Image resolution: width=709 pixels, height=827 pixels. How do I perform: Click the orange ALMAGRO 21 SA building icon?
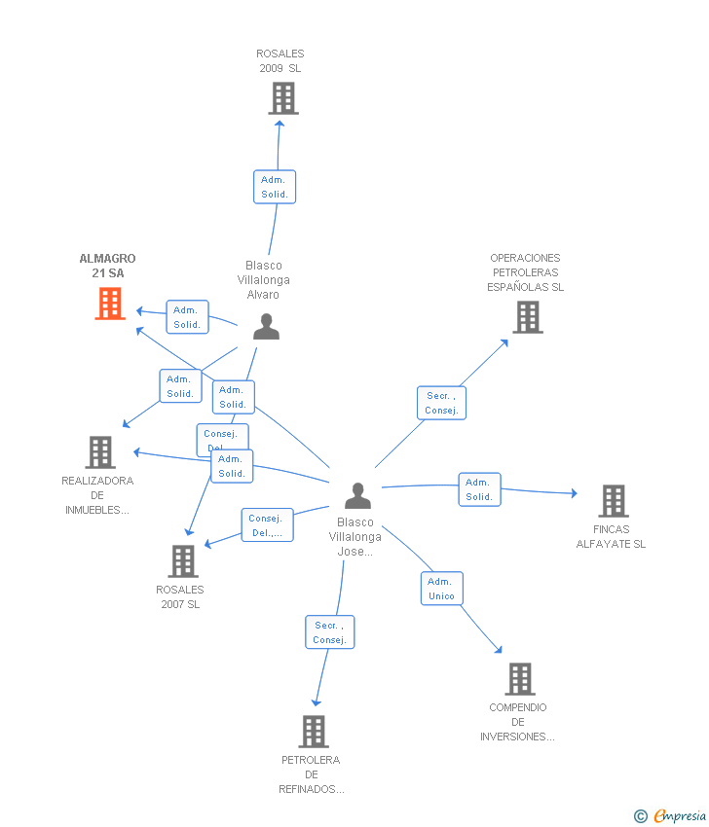coord(110,304)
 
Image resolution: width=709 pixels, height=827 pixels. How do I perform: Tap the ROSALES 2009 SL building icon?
coord(282,98)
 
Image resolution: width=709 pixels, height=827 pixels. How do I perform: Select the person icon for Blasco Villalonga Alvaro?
coord(266,327)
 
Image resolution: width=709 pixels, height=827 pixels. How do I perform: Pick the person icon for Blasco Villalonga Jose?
coord(358,496)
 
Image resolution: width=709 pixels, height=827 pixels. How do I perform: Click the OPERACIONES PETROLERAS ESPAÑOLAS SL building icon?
coord(527,317)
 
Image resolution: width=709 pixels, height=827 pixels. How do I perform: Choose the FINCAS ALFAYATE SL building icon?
coord(613,501)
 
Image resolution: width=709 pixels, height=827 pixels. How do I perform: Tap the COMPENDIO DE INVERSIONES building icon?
coord(520,679)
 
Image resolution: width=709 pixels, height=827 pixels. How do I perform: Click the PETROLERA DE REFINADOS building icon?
coord(313,732)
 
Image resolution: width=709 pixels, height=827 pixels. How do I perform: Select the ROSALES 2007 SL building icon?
coord(183,561)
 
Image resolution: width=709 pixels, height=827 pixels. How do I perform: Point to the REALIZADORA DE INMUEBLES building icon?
coord(100,452)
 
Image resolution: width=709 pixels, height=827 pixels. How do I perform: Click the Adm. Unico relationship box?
coord(441,589)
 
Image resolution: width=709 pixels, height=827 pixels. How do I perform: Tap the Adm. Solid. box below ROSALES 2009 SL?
coord(274,187)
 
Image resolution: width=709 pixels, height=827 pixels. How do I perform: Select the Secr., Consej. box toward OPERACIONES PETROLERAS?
coord(441,403)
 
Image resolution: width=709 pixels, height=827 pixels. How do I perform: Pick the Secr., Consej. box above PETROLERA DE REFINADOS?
coord(329,632)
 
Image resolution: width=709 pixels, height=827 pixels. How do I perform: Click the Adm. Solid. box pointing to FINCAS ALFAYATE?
coord(479,489)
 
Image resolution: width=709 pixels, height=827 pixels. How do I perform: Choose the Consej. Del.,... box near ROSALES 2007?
coord(266,525)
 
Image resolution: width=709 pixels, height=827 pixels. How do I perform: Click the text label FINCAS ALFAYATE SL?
coord(611,537)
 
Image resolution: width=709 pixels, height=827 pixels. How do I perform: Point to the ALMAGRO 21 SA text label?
coord(107,266)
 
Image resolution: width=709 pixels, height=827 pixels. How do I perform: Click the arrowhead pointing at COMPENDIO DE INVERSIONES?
coord(499,650)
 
